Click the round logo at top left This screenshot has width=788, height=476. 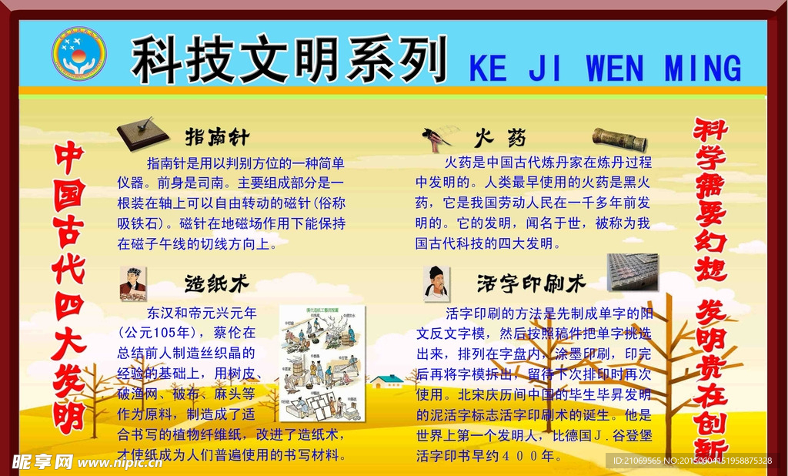click(x=78, y=54)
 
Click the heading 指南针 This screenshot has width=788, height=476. click(x=218, y=138)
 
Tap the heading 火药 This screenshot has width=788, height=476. click(x=501, y=139)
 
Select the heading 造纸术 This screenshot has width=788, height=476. click(x=218, y=283)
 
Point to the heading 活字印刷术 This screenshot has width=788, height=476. click(x=531, y=283)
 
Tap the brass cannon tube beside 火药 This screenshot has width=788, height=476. click(x=619, y=140)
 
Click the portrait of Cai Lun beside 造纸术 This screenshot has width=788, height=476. click(x=132, y=283)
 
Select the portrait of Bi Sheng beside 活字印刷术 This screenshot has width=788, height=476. click(x=436, y=283)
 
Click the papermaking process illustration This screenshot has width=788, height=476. click(x=321, y=362)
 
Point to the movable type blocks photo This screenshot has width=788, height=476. click(x=633, y=272)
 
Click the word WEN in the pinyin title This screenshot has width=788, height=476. click(x=615, y=69)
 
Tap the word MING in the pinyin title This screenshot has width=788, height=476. click(x=703, y=69)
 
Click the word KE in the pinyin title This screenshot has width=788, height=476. click(x=489, y=69)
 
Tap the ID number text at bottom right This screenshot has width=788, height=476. click(x=691, y=461)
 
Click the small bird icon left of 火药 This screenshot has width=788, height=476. click(x=436, y=139)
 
